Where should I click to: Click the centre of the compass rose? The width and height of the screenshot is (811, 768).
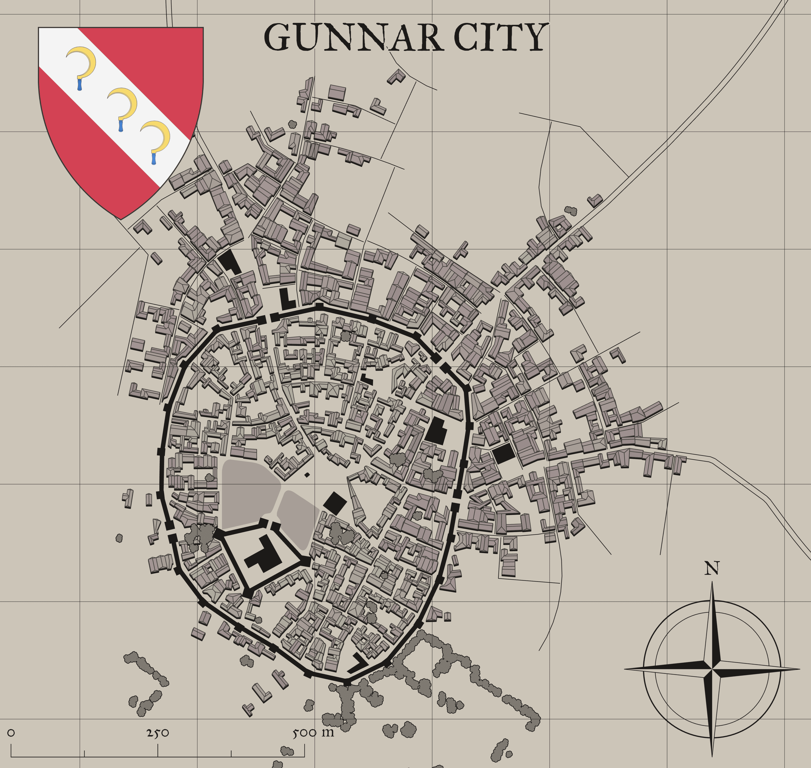pos(712,669)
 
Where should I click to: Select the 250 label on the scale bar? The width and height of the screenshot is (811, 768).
pos(158,733)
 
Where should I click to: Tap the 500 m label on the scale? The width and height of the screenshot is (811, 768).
pos(313,733)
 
